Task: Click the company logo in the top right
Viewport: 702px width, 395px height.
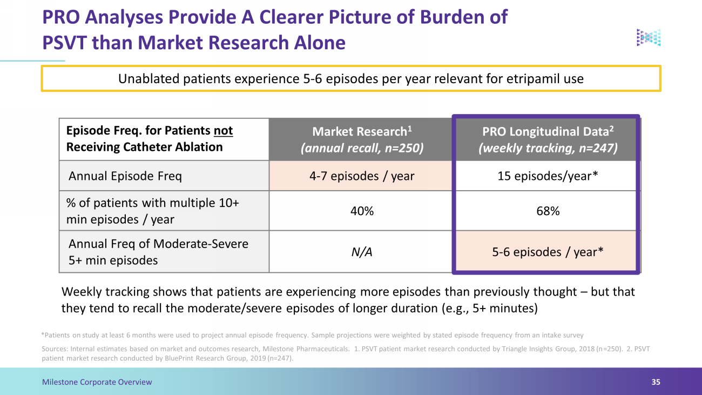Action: pyautogui.click(x=649, y=38)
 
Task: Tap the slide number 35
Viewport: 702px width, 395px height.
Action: pyautogui.click(x=656, y=382)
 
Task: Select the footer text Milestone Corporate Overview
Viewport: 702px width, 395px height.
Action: pyautogui.click(x=97, y=382)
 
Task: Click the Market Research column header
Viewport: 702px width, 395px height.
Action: pyautogui.click(x=362, y=139)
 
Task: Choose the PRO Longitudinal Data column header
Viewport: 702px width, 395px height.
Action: pyautogui.click(x=548, y=139)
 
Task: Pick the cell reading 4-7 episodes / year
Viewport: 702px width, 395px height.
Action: pyautogui.click(x=362, y=176)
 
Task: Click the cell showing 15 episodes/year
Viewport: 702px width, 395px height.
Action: pyautogui.click(x=548, y=176)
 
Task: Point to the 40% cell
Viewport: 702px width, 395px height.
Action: pyautogui.click(x=362, y=211)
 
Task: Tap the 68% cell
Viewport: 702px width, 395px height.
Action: pyautogui.click(x=548, y=211)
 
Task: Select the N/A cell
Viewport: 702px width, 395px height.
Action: pyautogui.click(x=362, y=252)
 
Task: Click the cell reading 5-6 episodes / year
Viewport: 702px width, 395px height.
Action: pyautogui.click(x=548, y=252)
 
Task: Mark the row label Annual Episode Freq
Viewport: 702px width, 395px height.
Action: pyautogui.click(x=125, y=176)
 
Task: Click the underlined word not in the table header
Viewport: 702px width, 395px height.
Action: pyautogui.click(x=223, y=131)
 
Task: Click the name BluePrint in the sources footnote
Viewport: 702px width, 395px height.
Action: pyautogui.click(x=178, y=358)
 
